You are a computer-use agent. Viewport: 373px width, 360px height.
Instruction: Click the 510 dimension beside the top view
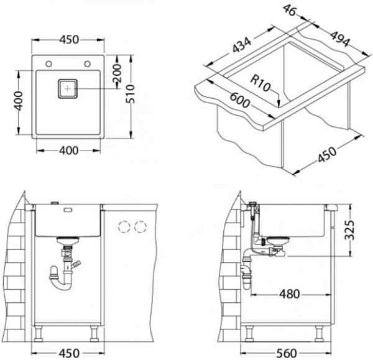click(131, 94)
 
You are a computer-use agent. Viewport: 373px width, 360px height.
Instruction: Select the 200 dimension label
click(117, 72)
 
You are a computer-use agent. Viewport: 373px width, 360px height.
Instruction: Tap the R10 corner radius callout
click(260, 83)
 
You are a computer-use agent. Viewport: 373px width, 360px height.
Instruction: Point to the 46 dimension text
click(290, 11)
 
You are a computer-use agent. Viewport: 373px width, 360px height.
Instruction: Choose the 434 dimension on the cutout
click(241, 45)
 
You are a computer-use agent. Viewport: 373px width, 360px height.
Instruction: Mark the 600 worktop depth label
click(240, 100)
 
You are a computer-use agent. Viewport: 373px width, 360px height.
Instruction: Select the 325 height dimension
click(349, 230)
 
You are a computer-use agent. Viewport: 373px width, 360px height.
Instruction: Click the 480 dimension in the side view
click(290, 294)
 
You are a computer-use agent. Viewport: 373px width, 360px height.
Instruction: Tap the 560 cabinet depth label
click(287, 353)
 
